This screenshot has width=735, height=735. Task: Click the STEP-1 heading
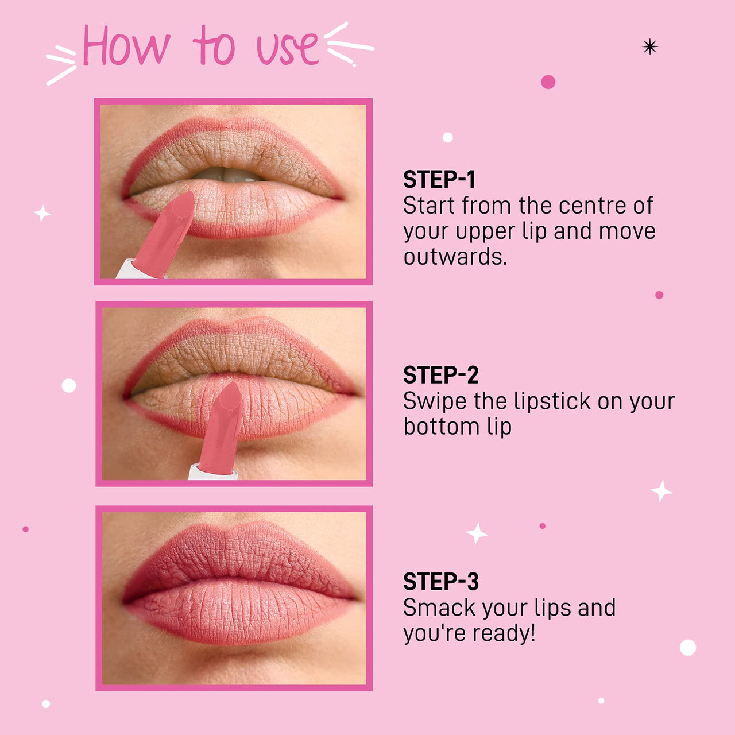(439, 180)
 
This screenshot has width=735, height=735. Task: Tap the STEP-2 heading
(440, 376)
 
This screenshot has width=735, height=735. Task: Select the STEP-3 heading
(440, 582)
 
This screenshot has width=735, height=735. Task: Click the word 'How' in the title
(126, 46)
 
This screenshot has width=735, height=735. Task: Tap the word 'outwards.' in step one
(455, 257)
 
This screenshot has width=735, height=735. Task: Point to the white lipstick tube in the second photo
(212, 472)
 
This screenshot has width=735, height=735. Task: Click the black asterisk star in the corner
(649, 47)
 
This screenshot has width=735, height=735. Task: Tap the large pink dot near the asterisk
(548, 82)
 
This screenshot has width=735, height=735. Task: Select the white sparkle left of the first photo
(42, 213)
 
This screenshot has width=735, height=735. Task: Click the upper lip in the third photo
(235, 551)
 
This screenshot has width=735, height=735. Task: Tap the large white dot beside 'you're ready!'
(687, 647)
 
